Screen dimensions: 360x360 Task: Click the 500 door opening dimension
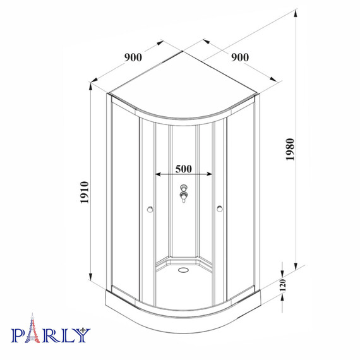pos(183,169)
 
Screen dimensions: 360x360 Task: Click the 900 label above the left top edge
pos(133,57)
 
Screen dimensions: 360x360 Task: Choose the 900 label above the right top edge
pos(239,57)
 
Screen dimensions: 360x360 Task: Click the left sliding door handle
pos(149,208)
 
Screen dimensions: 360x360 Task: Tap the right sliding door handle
pos(219,208)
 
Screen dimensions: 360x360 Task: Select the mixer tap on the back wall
pos(184,193)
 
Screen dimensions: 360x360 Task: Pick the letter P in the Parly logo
pos(19,334)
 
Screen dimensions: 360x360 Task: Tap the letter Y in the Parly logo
pos(83,334)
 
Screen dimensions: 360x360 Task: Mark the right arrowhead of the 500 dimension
pos(210,175)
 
